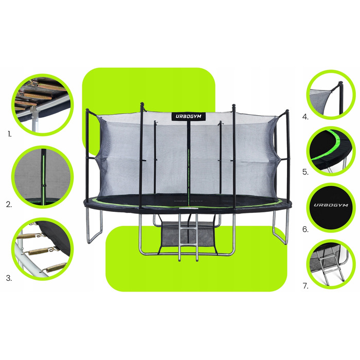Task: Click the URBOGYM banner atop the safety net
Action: click(x=189, y=116)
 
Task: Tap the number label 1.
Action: click(x=9, y=134)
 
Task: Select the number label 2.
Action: click(x=9, y=204)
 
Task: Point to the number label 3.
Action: click(x=9, y=278)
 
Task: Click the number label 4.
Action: click(x=305, y=117)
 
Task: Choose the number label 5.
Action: click(x=305, y=172)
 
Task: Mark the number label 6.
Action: click(x=305, y=229)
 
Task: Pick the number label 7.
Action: click(x=305, y=286)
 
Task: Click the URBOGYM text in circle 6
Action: click(x=331, y=205)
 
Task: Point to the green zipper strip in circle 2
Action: click(x=43, y=177)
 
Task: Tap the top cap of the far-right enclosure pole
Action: click(x=287, y=112)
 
